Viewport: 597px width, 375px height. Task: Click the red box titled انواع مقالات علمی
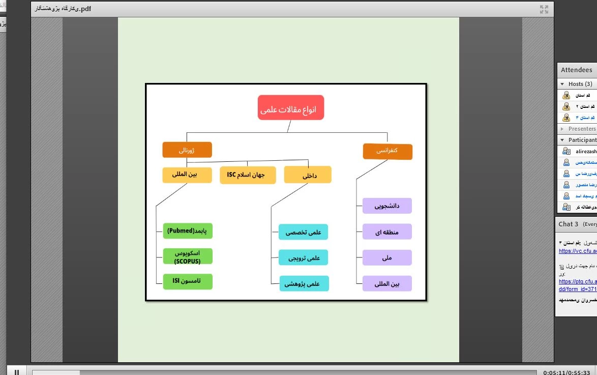point(290,107)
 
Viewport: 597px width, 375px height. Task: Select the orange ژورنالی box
point(187,150)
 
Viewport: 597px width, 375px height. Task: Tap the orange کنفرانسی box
point(387,152)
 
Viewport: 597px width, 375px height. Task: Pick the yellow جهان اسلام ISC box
point(248,175)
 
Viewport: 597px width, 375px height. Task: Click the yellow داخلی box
point(308,175)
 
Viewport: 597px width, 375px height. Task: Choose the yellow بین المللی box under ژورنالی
point(187,175)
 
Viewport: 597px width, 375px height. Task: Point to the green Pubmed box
point(188,231)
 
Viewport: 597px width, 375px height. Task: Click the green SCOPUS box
point(188,257)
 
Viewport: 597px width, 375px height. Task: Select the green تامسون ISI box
point(188,281)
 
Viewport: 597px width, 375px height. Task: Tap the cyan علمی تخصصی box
point(304,232)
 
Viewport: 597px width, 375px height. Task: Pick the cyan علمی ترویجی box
point(304,257)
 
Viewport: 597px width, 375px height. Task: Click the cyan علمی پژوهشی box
point(304,283)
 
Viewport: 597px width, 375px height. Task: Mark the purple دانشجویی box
point(387,206)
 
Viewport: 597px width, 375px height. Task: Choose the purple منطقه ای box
point(387,232)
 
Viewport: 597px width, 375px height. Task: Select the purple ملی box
point(387,257)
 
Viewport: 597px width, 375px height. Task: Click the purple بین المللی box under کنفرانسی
point(387,283)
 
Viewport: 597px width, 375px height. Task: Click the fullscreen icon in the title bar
point(544,9)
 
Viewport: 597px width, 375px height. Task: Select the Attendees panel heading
point(576,70)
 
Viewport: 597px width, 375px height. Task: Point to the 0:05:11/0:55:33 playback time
point(566,372)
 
